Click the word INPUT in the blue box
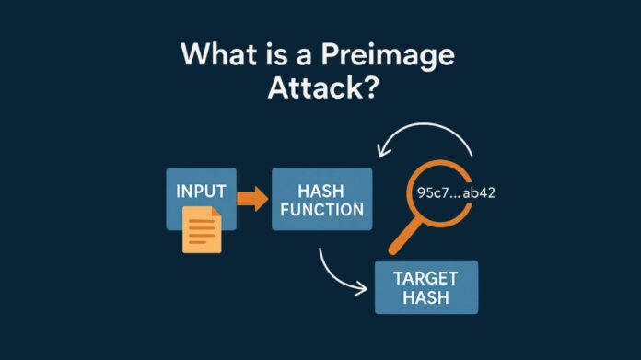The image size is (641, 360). click(x=201, y=194)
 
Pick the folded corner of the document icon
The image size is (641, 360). click(x=215, y=213)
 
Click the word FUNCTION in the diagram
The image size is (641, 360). click(x=322, y=210)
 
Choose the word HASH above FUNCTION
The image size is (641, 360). click(x=322, y=190)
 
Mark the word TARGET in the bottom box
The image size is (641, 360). click(x=426, y=278)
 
